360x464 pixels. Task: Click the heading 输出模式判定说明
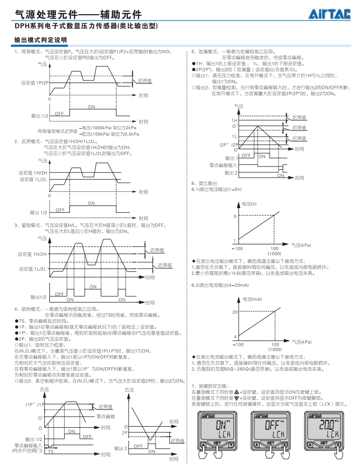point(40,40)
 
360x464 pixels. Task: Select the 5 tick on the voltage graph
point(235,216)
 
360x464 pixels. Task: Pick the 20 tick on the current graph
point(235,312)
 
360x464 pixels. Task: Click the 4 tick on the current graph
point(235,336)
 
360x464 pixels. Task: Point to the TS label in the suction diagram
point(51,451)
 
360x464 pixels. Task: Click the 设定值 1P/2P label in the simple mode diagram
point(35,83)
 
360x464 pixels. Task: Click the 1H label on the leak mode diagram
point(234,120)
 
